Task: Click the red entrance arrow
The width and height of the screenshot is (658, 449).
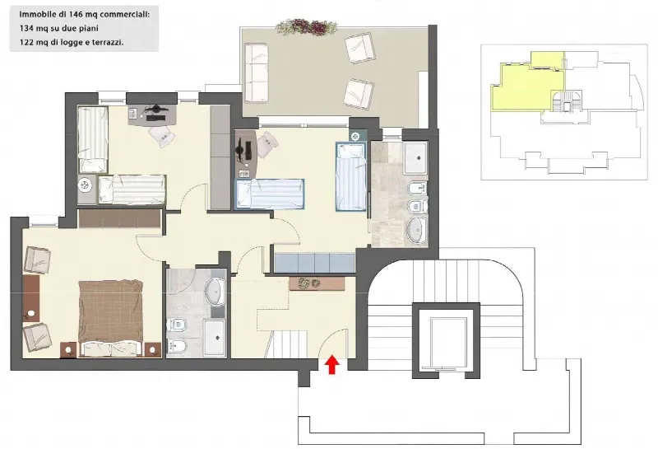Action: pos(332,364)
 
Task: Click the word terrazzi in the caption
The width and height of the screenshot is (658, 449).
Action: pos(109,42)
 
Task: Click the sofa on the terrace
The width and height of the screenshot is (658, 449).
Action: pos(256,72)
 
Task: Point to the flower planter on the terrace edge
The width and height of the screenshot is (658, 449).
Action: pos(306,26)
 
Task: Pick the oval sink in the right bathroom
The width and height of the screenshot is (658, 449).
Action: pos(416,231)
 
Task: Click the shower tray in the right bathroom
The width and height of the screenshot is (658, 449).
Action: pos(415,158)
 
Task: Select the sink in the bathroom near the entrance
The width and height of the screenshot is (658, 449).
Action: pos(215,291)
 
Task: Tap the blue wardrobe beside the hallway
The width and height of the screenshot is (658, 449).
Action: pos(314,263)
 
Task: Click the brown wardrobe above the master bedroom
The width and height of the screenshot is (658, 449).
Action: pos(120,218)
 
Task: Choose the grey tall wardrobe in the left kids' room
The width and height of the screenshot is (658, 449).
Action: pos(220,157)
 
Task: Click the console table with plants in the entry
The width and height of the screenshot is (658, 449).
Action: pos(317,283)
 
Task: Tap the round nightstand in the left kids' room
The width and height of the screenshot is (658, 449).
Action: pos(85,185)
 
